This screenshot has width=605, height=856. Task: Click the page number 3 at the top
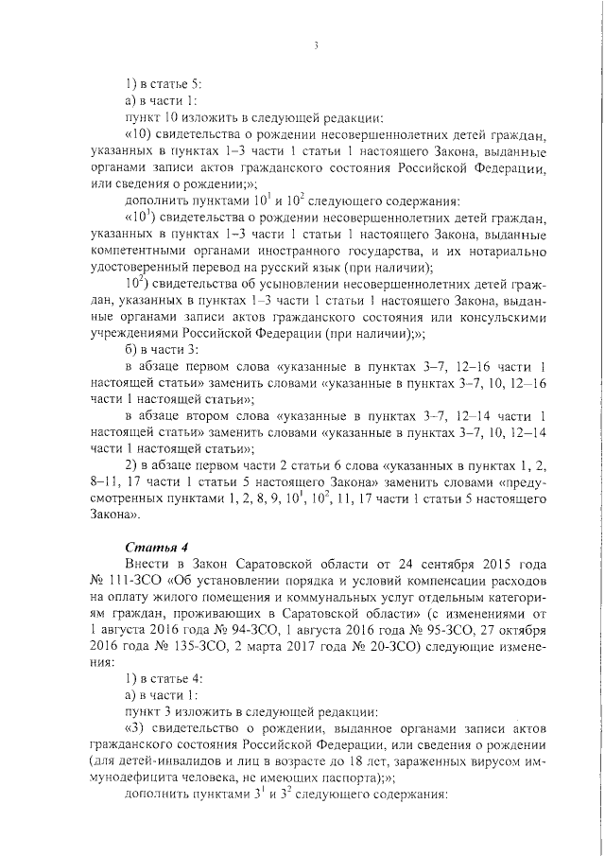(x=317, y=45)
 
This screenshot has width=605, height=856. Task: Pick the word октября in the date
(x=517, y=629)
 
